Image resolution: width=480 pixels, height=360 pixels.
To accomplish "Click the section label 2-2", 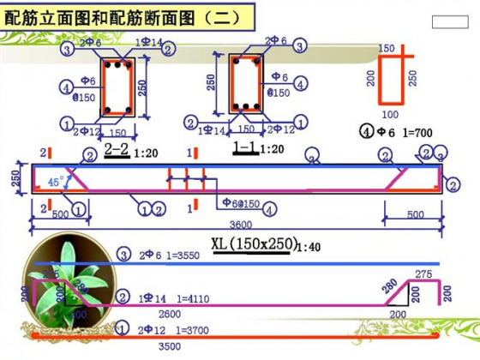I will click(x=117, y=148).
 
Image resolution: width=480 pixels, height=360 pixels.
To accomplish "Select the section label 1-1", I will click(x=245, y=148).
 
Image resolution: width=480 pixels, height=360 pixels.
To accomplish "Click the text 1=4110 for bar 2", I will click(x=184, y=298).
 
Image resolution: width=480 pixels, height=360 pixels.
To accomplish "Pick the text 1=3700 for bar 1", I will click(x=182, y=329).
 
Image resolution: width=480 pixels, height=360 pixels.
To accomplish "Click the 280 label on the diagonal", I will click(x=391, y=285).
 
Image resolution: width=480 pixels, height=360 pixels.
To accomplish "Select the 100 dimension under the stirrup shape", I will click(x=390, y=113).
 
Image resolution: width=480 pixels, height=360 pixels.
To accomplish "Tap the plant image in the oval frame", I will click(x=69, y=283).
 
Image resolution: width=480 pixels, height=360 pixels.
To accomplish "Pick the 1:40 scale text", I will click(x=310, y=247).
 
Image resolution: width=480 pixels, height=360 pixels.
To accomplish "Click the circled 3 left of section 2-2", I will click(x=68, y=50).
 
